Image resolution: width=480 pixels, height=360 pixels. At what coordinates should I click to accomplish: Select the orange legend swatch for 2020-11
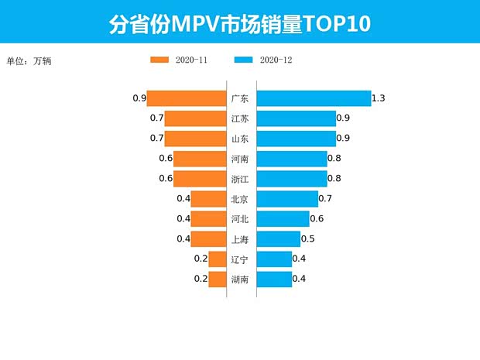coord(159,60)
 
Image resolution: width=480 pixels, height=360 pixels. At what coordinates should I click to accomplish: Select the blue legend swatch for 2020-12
coord(243,60)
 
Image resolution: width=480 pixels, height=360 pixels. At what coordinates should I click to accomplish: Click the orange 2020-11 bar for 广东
coord(186,98)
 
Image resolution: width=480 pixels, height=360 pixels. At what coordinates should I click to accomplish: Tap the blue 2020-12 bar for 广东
coord(314,98)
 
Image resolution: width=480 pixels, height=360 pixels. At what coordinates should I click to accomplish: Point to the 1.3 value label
coord(379,98)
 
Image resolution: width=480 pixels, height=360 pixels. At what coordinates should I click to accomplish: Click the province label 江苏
coord(240,118)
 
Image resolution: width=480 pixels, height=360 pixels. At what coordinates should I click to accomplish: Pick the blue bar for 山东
coord(296,139)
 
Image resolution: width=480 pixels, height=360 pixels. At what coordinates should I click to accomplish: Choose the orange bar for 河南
coord(198,159)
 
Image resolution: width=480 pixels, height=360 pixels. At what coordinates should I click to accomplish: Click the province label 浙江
coord(240,179)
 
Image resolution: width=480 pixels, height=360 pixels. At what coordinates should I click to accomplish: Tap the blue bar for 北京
coord(287,199)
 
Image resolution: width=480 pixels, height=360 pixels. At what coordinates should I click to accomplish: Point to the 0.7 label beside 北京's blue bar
coord(325,199)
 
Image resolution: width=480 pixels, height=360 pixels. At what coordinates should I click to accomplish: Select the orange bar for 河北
coord(207,219)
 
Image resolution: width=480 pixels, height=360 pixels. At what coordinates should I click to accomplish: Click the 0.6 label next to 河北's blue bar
coord(317,219)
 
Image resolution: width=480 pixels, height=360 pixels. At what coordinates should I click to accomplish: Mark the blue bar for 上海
coord(278,239)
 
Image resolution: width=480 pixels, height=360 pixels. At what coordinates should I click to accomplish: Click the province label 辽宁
coord(240,259)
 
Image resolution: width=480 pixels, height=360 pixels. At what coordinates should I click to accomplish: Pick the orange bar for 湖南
coord(216,279)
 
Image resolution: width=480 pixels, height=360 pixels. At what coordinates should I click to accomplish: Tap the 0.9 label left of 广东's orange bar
coord(139,98)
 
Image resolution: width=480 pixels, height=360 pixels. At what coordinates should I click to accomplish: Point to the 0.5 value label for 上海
coord(307,239)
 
